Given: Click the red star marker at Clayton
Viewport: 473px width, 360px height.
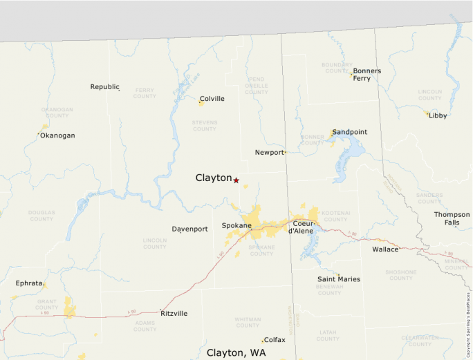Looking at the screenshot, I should [236, 180].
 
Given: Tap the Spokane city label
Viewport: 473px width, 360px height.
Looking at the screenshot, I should [236, 226].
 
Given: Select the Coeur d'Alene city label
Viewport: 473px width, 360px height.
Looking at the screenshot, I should [303, 227].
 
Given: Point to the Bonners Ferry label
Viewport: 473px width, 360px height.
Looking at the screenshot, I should [367, 75].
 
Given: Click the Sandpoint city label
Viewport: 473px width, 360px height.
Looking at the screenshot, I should [349, 132].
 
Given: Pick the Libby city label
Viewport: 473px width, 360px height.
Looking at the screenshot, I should [438, 115].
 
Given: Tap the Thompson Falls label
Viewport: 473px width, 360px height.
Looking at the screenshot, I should [452, 218].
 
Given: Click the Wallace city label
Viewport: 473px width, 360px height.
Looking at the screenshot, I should [385, 249].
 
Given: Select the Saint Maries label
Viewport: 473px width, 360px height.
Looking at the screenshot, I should [339, 279].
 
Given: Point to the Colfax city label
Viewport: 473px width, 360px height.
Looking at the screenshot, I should [275, 340].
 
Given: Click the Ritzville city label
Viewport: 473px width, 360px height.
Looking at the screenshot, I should [174, 313].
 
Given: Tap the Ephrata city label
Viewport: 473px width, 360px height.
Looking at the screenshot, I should [29, 283].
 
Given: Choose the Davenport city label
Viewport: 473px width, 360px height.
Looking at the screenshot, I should [189, 229].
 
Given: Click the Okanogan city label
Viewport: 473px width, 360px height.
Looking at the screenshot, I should [57, 135].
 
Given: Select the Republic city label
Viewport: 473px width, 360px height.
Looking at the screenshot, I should [104, 87].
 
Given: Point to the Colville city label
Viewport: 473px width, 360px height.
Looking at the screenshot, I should [212, 99].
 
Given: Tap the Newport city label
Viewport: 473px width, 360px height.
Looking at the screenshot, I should [269, 153].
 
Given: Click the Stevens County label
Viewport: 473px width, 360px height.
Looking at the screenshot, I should [204, 126].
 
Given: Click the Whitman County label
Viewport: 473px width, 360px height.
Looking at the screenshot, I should [248, 322].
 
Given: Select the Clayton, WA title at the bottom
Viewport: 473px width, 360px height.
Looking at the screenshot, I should [236, 352].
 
